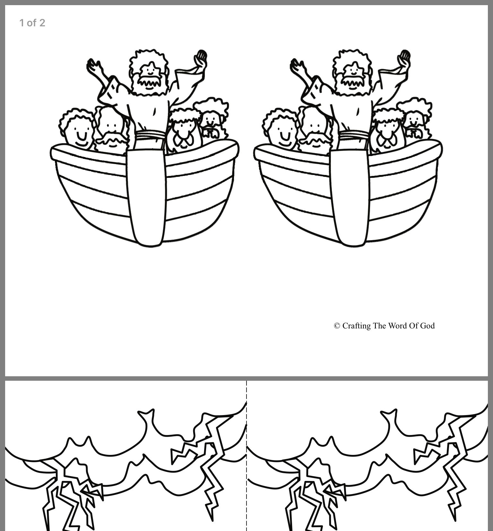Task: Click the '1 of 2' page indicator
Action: coord(32,23)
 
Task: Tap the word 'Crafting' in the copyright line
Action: coord(356,326)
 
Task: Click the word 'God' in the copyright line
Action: coord(427,326)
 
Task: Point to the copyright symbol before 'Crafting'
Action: coord(337,326)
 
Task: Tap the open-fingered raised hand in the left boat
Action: coord(94,67)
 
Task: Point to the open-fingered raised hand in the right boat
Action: coord(298,67)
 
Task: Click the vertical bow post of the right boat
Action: coord(350,197)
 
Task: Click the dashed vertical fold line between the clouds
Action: coord(246,456)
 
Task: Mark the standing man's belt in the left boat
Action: coord(150,135)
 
